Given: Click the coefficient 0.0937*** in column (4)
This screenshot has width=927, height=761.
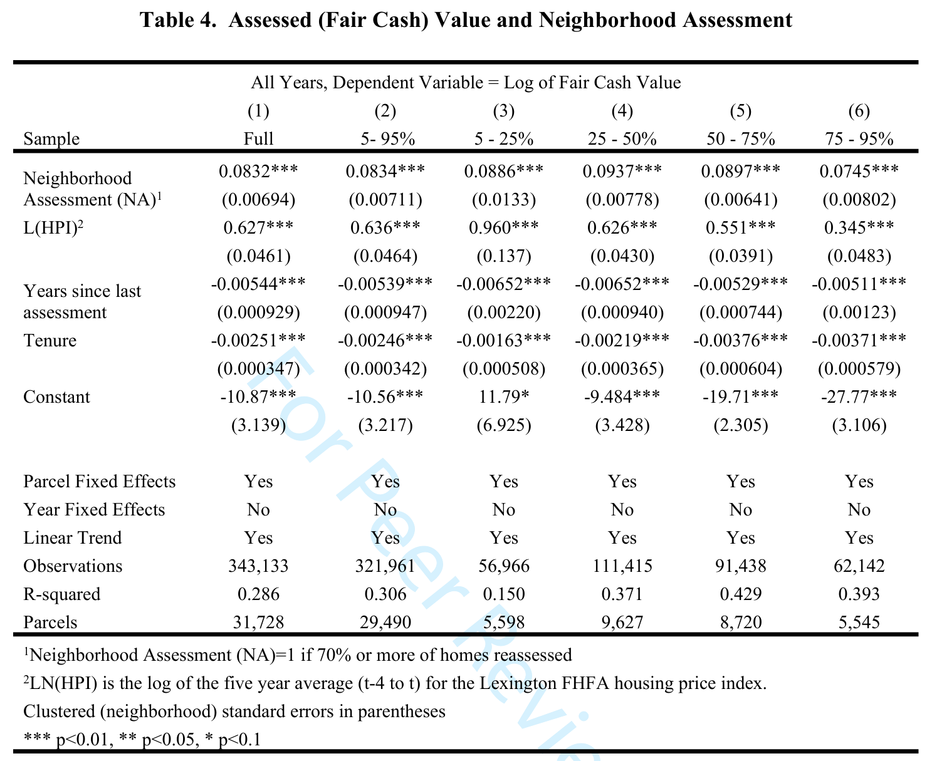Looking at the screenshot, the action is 622,171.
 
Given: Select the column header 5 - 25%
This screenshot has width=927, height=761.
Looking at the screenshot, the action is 504,139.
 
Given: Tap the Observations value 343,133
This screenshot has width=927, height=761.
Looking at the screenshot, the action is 258,566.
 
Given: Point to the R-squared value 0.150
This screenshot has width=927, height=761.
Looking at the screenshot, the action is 504,594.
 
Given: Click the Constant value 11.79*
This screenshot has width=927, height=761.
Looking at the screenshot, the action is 504,396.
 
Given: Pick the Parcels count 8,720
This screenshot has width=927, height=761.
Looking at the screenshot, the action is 741,622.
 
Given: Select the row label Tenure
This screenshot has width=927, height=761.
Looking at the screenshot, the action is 50,341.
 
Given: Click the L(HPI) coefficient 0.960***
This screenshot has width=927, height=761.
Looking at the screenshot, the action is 504,227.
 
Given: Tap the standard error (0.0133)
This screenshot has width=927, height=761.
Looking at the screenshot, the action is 504,199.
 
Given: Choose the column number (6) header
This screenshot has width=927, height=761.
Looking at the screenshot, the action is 859,111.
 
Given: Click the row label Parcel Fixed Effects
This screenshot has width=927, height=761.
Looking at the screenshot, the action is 99,481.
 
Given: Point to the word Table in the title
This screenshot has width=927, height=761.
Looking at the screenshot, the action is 166,20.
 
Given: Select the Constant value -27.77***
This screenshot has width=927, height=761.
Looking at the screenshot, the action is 859,396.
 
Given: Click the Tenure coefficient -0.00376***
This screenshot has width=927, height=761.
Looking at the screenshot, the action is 741,341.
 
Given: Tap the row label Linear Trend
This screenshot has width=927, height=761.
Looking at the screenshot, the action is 73,537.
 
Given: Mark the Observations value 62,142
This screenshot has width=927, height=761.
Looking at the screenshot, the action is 859,566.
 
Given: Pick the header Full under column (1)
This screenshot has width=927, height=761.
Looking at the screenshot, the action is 258,139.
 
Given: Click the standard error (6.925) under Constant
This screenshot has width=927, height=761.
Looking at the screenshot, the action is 504,425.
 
